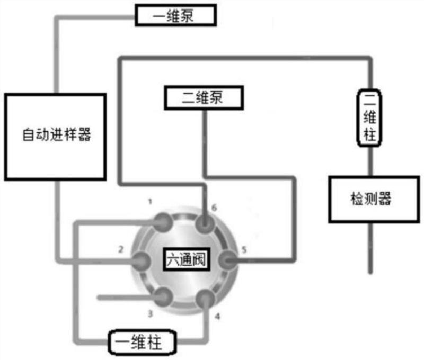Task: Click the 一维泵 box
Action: point(175,15)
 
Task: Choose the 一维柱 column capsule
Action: point(142,343)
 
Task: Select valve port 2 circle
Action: point(142,260)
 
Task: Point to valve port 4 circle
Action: point(206,300)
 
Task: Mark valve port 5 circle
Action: point(227,260)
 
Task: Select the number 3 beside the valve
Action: point(151,313)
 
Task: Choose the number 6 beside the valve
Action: point(214,208)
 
